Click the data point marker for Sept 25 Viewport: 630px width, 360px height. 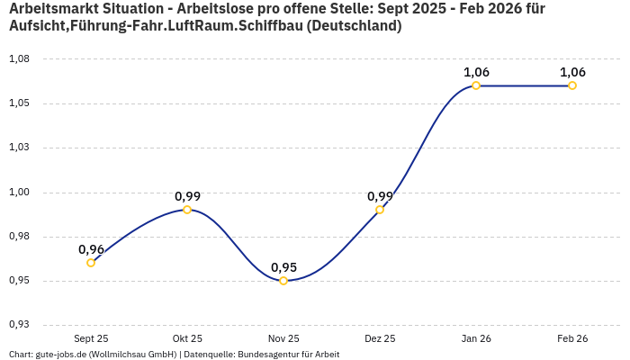[91, 263]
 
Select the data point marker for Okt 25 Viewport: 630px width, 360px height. [187, 210]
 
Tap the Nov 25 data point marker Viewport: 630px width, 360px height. [283, 281]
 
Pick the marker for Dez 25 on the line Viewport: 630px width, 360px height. [380, 210]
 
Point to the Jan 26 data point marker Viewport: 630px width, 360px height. [476, 85]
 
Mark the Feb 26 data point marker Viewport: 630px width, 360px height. [572, 85]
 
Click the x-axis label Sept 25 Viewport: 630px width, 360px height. [91, 338]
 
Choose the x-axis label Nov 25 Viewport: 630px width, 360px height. [283, 338]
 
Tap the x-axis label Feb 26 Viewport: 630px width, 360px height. [572, 338]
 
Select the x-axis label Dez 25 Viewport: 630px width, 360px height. [380, 338]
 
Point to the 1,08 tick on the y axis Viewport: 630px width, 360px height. [19, 58]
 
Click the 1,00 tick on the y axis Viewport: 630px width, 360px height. [19, 192]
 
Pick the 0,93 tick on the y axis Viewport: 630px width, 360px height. [19, 325]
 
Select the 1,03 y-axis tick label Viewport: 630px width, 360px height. [19, 148]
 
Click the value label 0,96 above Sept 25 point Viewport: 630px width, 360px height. [91, 249]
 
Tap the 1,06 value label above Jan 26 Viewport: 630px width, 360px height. [476, 72]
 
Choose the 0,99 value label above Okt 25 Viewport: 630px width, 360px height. [187, 196]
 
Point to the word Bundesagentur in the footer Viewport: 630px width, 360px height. [265, 355]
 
